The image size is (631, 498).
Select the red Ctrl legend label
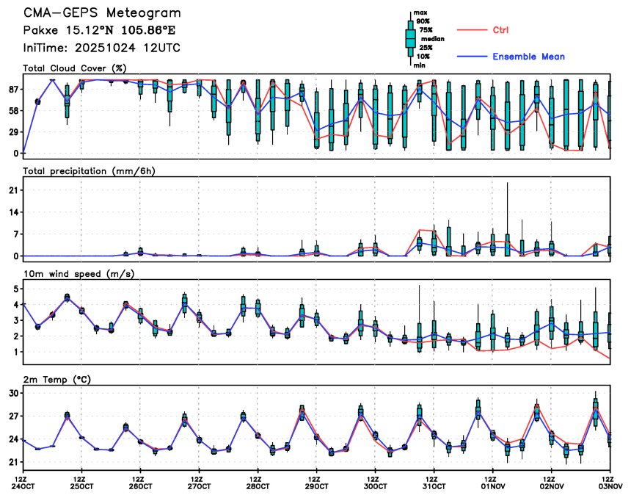pyautogui.click(x=497, y=30)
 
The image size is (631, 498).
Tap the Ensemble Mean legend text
pyautogui.click(x=528, y=57)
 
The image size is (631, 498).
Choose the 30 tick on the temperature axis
pyautogui.click(x=14, y=394)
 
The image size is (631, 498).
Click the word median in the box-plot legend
pyautogui.click(x=431, y=39)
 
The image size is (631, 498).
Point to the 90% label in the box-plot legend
pyautogui.click(x=423, y=21)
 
